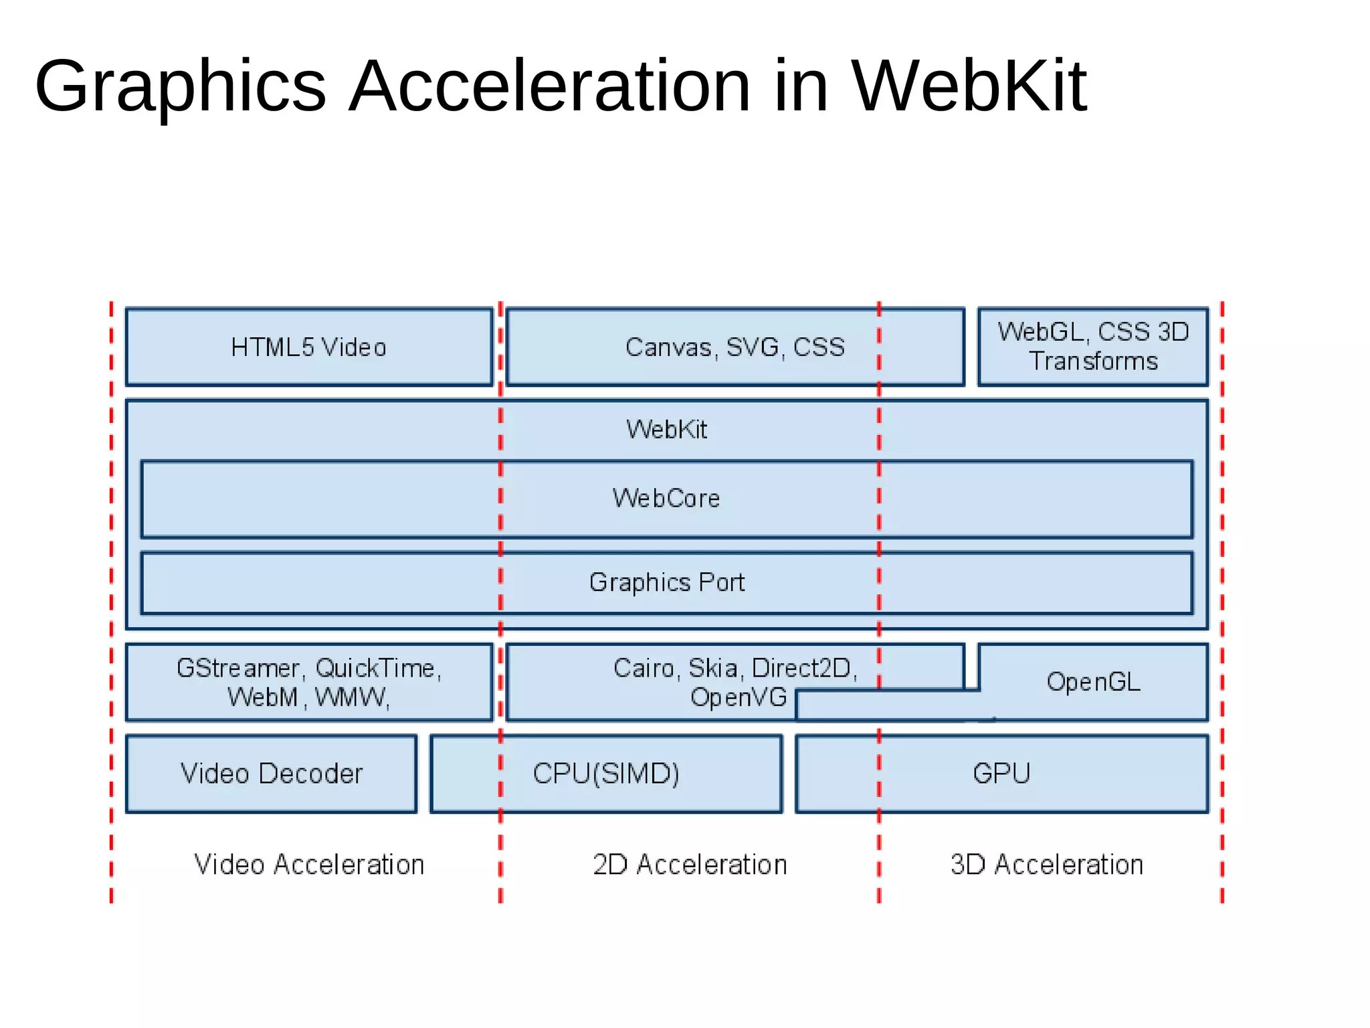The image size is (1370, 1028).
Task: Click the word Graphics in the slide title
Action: coord(181,87)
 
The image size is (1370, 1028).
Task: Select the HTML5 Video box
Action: coord(308,347)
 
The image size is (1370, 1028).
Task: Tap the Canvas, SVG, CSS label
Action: coord(735,347)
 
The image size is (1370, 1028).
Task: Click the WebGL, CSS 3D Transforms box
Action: coord(1093,347)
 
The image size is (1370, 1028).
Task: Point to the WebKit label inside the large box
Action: coord(666,430)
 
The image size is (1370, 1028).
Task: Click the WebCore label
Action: coord(666,499)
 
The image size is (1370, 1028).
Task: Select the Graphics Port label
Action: coord(666,582)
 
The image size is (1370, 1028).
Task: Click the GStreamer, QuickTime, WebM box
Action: coord(308,683)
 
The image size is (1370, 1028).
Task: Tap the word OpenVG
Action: coord(739,697)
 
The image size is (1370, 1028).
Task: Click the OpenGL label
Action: coord(1093,682)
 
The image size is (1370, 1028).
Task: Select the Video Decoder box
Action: coord(271,774)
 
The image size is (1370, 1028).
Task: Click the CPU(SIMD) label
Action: coord(606,774)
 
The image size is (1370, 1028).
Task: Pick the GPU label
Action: coord(1001,774)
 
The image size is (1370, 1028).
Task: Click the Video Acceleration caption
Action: coord(308,865)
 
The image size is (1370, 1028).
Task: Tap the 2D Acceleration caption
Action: coord(690,865)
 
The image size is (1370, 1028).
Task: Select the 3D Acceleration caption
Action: coord(1047,865)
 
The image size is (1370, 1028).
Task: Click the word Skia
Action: coord(713,668)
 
